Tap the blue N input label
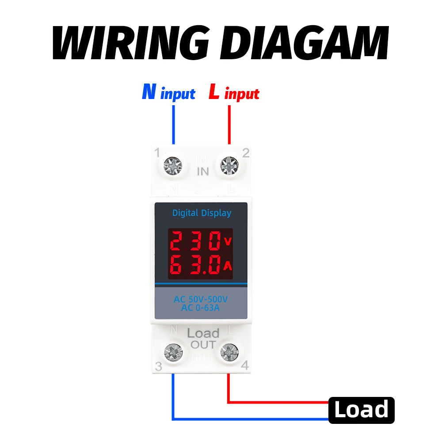coord(168,93)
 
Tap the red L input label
coord(234,93)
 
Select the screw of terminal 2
coord(229,166)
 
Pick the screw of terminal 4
coord(229,352)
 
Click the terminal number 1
coord(156,153)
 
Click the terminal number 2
coord(246,153)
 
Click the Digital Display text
coord(202,213)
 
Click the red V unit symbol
coord(228,241)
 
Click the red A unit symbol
coord(228,266)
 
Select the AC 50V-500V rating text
coord(201,300)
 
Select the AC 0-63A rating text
coord(200,308)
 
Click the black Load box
coord(361,410)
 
